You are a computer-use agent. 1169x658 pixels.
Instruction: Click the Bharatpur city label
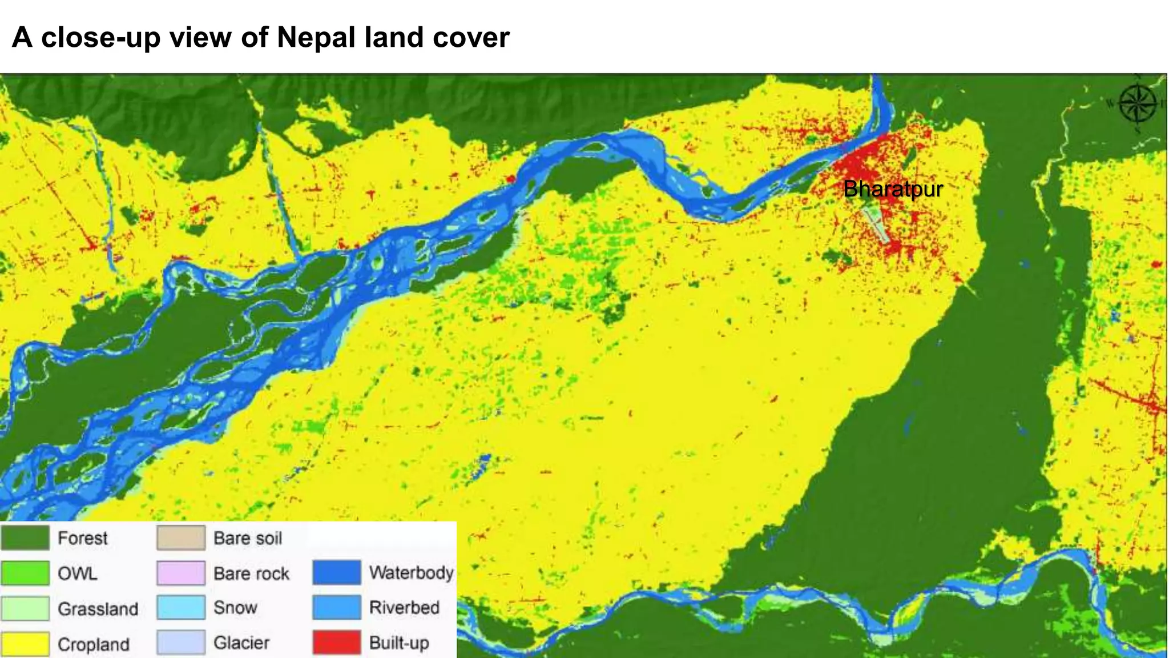(x=892, y=189)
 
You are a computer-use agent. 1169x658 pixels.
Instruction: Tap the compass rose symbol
(x=1137, y=103)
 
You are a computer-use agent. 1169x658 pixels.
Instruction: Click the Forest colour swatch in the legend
(x=25, y=538)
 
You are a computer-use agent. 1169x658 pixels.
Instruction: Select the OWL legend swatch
(x=25, y=573)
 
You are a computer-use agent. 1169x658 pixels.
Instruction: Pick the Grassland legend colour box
(x=25, y=608)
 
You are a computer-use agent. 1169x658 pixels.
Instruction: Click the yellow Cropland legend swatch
(x=25, y=644)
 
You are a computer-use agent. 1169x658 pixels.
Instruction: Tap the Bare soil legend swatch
(x=181, y=538)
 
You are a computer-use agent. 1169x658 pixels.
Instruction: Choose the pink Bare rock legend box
(x=181, y=573)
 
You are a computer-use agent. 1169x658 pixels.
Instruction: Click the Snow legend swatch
(x=181, y=608)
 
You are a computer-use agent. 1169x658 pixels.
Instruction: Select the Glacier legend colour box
(x=181, y=643)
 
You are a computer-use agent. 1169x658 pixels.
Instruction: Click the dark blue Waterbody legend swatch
(x=337, y=572)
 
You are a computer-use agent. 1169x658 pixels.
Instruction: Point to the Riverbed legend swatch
(x=337, y=607)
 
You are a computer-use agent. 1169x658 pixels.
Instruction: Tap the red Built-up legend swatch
(x=337, y=643)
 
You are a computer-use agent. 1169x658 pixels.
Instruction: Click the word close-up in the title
(x=100, y=38)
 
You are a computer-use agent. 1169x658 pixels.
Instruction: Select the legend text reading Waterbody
(x=411, y=572)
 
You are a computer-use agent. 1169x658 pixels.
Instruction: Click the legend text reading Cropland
(x=94, y=644)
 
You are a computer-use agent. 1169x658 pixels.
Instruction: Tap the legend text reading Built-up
(x=399, y=643)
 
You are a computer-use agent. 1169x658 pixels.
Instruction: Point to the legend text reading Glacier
(x=241, y=643)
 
